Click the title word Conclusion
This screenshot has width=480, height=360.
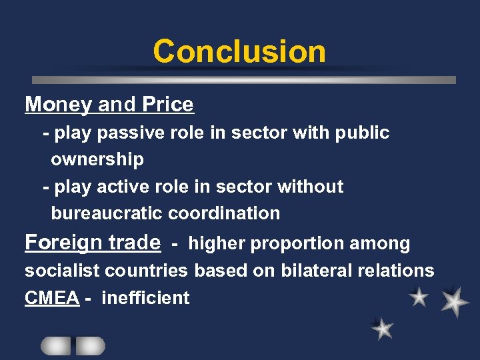[239, 51]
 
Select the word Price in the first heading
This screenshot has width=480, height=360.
[169, 105]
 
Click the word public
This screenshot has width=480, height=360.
[362, 133]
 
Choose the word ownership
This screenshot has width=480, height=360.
[97, 159]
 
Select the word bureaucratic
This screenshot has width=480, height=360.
[107, 213]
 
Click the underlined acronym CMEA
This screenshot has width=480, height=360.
[52, 298]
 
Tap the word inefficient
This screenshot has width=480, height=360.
[145, 298]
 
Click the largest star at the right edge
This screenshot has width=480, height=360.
[455, 301]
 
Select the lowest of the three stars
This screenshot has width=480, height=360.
[383, 328]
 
